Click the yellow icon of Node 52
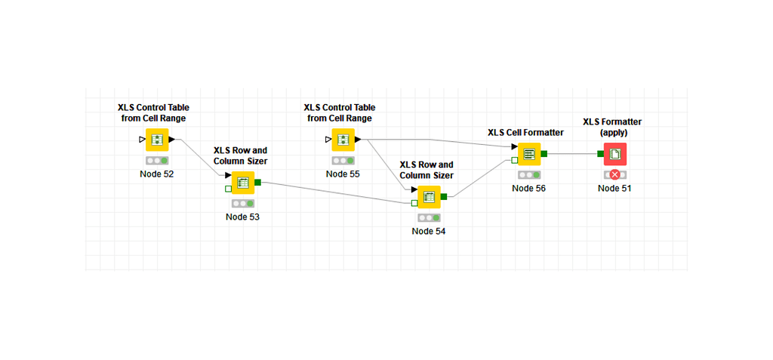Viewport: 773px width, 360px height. tap(157, 140)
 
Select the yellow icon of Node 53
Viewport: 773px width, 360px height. tap(242, 183)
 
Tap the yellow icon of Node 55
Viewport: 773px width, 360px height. tap(343, 140)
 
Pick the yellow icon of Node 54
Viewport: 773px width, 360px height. tap(429, 197)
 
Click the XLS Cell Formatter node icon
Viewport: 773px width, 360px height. tap(528, 154)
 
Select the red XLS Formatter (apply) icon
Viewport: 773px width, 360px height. tap(614, 154)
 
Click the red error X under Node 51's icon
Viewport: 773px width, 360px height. tap(614, 174)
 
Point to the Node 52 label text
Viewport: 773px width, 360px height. tap(157, 174)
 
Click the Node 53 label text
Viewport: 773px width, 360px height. tap(242, 217)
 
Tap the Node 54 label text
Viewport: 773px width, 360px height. tap(429, 232)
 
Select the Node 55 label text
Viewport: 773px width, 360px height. tap(343, 174)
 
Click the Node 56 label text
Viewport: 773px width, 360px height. tap(528, 189)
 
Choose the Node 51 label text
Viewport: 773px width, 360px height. tap(614, 189)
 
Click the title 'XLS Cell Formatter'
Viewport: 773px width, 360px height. tap(525, 133)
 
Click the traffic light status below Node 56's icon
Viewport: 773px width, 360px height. tap(528, 175)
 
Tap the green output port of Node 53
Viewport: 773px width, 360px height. tap(258, 182)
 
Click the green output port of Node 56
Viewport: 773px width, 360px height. tap(544, 153)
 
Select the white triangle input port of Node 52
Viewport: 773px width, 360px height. tap(143, 140)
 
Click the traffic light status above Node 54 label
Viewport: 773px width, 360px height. tap(429, 218)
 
